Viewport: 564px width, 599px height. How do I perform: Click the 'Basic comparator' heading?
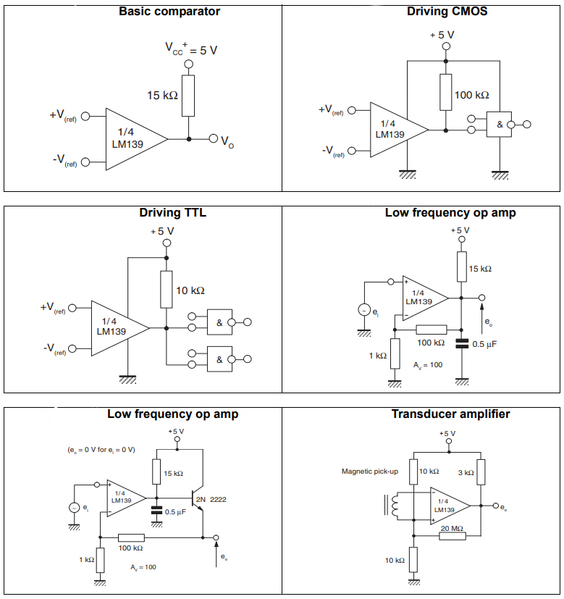169,12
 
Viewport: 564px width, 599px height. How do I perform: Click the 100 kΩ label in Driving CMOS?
472,95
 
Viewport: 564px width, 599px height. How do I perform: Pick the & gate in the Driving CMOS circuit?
499,124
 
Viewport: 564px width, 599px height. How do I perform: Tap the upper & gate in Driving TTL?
219,322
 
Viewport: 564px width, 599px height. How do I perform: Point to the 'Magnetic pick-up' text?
370,472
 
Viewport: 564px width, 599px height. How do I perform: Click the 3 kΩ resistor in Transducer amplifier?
479,472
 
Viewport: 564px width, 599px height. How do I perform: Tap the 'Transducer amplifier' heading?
450,414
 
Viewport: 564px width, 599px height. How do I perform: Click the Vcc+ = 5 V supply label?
190,50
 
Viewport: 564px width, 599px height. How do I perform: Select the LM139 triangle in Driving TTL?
117,327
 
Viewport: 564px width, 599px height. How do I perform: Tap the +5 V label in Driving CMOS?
442,35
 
